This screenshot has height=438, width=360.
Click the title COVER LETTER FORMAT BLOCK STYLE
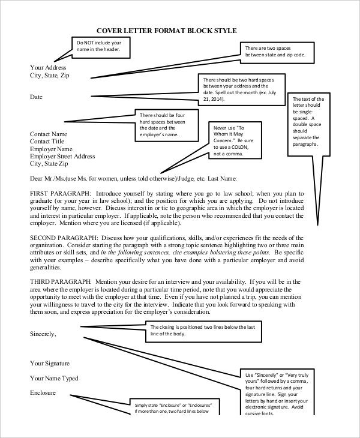167,30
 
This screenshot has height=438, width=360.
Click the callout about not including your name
100,47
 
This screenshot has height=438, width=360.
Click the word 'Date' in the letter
37,96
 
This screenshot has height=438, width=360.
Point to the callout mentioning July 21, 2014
239,89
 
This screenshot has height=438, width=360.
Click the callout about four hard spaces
163,125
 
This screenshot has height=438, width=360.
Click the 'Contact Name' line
49,134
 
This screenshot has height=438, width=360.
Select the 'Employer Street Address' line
62,156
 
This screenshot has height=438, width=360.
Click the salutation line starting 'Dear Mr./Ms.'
133,178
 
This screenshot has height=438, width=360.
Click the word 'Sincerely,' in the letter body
43,334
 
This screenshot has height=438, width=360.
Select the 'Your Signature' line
50,363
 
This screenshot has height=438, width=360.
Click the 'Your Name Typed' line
54,378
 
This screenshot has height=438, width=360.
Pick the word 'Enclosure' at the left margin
43,392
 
